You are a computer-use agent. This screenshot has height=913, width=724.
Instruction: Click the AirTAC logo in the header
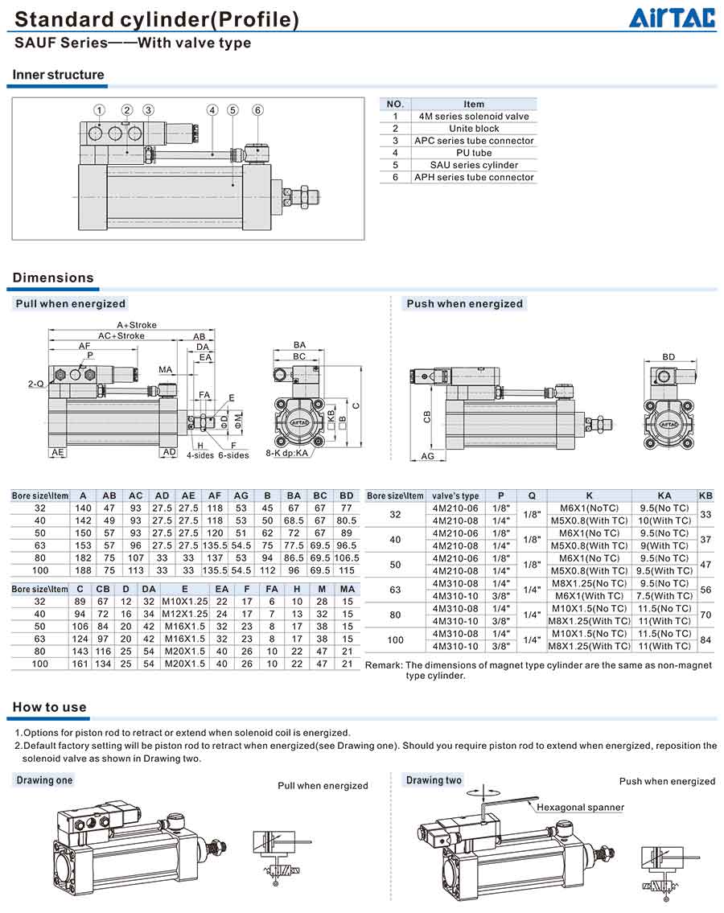(671, 18)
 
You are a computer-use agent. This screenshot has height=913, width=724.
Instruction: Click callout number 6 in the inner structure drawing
(257, 110)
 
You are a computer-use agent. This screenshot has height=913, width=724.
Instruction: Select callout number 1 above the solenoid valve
(99, 110)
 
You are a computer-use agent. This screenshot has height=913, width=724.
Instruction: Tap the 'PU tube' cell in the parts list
(474, 153)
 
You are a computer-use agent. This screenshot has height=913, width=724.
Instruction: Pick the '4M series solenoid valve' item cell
(474, 116)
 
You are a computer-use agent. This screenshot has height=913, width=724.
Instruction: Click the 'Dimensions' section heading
(53, 278)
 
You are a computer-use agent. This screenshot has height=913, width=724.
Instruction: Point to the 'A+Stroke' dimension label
(137, 325)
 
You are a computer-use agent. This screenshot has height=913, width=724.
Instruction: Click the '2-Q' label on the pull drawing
(35, 385)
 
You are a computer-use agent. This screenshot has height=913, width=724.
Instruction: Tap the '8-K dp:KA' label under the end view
(287, 454)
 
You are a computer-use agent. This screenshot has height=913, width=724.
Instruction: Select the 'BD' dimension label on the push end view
(668, 356)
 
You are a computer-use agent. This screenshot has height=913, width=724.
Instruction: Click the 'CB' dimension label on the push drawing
(427, 416)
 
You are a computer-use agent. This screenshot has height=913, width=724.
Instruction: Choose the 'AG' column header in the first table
(241, 496)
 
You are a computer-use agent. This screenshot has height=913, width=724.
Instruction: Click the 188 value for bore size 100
(83, 570)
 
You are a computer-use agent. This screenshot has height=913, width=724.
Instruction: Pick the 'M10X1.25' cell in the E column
(184, 602)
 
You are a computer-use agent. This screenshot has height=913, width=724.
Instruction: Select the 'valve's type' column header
(455, 496)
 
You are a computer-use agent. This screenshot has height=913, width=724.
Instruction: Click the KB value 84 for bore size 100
(705, 640)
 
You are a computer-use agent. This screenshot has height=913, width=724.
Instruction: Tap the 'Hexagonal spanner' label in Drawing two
(580, 807)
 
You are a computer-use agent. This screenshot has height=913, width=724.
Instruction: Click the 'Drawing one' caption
(44, 780)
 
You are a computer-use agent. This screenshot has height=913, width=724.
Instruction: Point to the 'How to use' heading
(49, 707)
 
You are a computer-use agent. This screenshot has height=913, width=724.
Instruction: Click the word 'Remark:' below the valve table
(384, 665)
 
